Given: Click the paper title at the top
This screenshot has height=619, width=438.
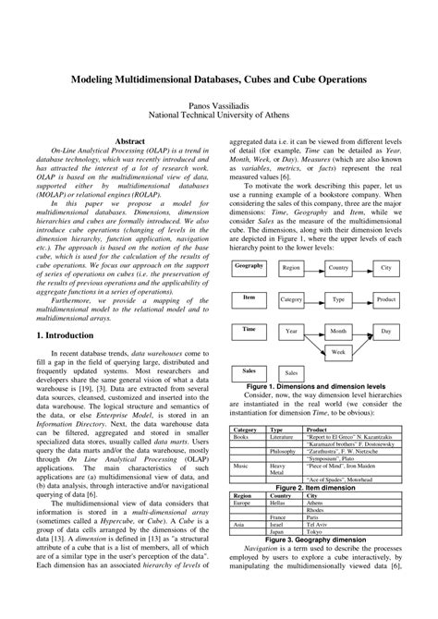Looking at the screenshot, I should point(219,80).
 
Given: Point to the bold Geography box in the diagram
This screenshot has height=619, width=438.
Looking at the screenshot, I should point(249,241).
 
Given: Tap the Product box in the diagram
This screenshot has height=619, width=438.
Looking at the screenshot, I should point(386,274).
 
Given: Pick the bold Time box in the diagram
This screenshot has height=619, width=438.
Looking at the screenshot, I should point(249,304).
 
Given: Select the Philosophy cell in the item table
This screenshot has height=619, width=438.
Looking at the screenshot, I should point(284,451).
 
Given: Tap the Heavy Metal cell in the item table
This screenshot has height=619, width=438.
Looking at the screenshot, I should point(277,470).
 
